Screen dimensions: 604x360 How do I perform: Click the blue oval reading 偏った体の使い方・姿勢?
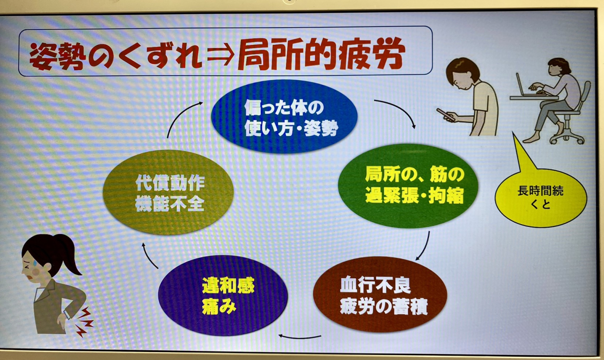click(284, 117)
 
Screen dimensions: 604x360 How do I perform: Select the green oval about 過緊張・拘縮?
click(408, 186)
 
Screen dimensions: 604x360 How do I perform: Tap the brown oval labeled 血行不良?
click(380, 294)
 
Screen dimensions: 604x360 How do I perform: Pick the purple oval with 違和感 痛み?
click(223, 295)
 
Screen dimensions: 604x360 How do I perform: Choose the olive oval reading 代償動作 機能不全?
click(168, 193)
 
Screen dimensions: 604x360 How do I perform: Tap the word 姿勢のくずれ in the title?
click(116, 56)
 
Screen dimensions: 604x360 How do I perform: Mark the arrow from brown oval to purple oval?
click(299, 337)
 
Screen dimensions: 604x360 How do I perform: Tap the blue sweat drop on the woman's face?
click(35, 262)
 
